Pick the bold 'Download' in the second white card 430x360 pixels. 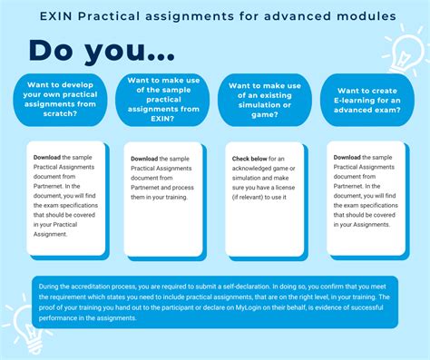tap(149, 158)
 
